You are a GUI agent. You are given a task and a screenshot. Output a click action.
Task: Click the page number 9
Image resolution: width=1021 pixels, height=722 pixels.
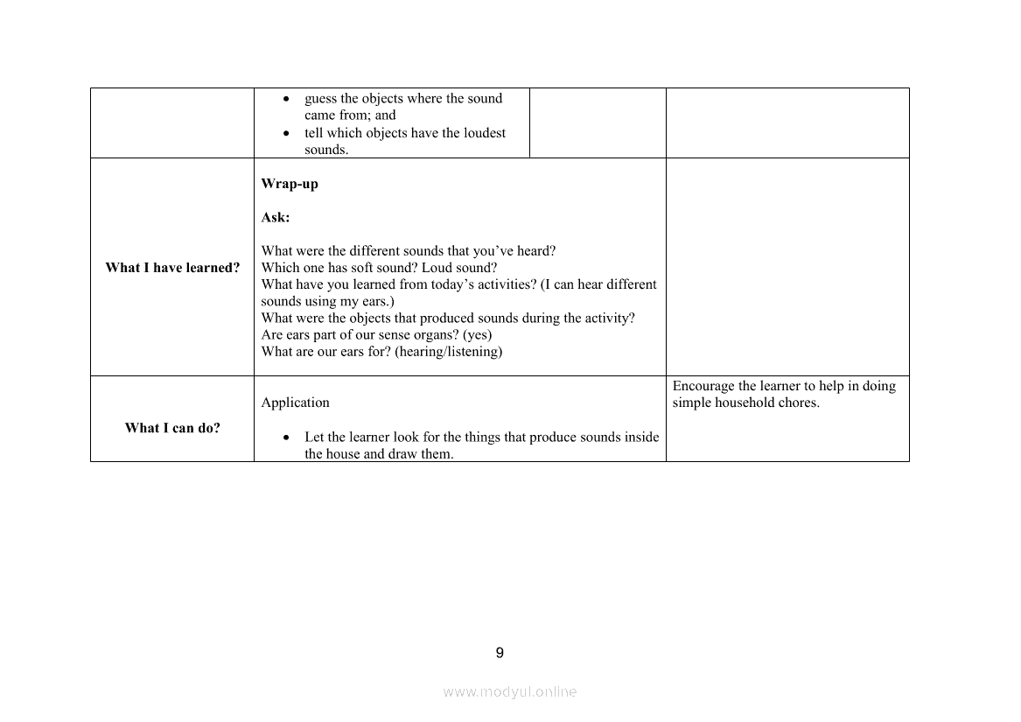pos(500,653)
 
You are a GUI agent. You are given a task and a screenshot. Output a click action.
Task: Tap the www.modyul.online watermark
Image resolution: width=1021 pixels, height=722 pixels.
pos(509,691)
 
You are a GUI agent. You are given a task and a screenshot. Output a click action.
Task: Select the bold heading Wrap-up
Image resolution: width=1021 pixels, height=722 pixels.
pos(290,184)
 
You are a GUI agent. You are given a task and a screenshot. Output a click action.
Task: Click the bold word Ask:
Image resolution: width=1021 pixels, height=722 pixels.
pos(275,217)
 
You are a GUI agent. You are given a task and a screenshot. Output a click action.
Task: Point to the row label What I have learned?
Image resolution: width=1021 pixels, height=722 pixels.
pos(172,268)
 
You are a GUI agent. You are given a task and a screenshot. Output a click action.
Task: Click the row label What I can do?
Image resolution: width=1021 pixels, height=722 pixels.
pos(172,428)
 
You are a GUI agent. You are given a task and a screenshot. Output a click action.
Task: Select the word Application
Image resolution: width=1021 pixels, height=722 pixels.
pos(295,403)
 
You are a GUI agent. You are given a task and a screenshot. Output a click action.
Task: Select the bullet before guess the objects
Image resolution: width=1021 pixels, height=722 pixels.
pos(286,99)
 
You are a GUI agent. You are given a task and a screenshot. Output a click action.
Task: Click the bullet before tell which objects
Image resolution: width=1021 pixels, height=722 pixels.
pos(286,134)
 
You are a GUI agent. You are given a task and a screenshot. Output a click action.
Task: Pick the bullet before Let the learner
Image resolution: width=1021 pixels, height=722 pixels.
pos(286,437)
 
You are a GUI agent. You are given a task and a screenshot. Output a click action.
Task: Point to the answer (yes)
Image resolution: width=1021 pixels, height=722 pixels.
pos(477,335)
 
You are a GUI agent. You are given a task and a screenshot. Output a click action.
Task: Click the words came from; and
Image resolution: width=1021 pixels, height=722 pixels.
pos(350,116)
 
